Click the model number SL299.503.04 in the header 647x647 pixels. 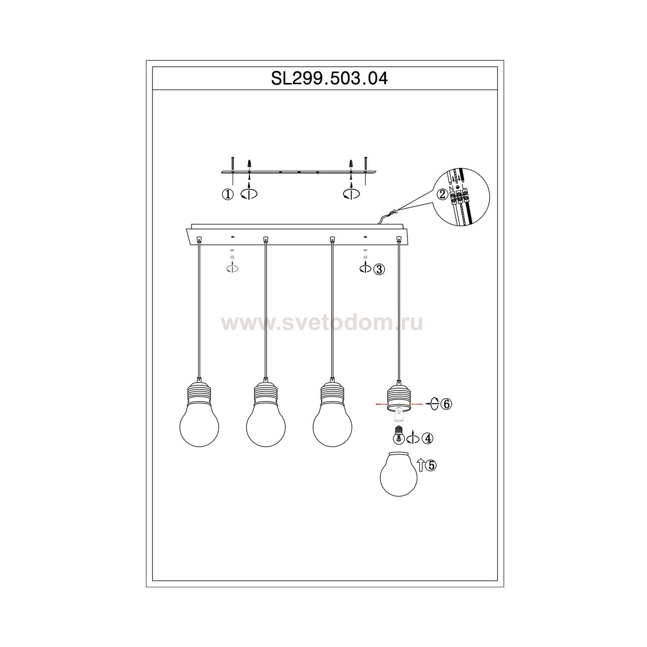[329, 79]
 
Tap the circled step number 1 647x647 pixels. [228, 195]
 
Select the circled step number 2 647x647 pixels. [442, 195]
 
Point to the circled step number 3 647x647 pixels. [379, 270]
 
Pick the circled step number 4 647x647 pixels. [427, 439]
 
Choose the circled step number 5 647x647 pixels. [431, 465]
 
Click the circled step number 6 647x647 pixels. [446, 404]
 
